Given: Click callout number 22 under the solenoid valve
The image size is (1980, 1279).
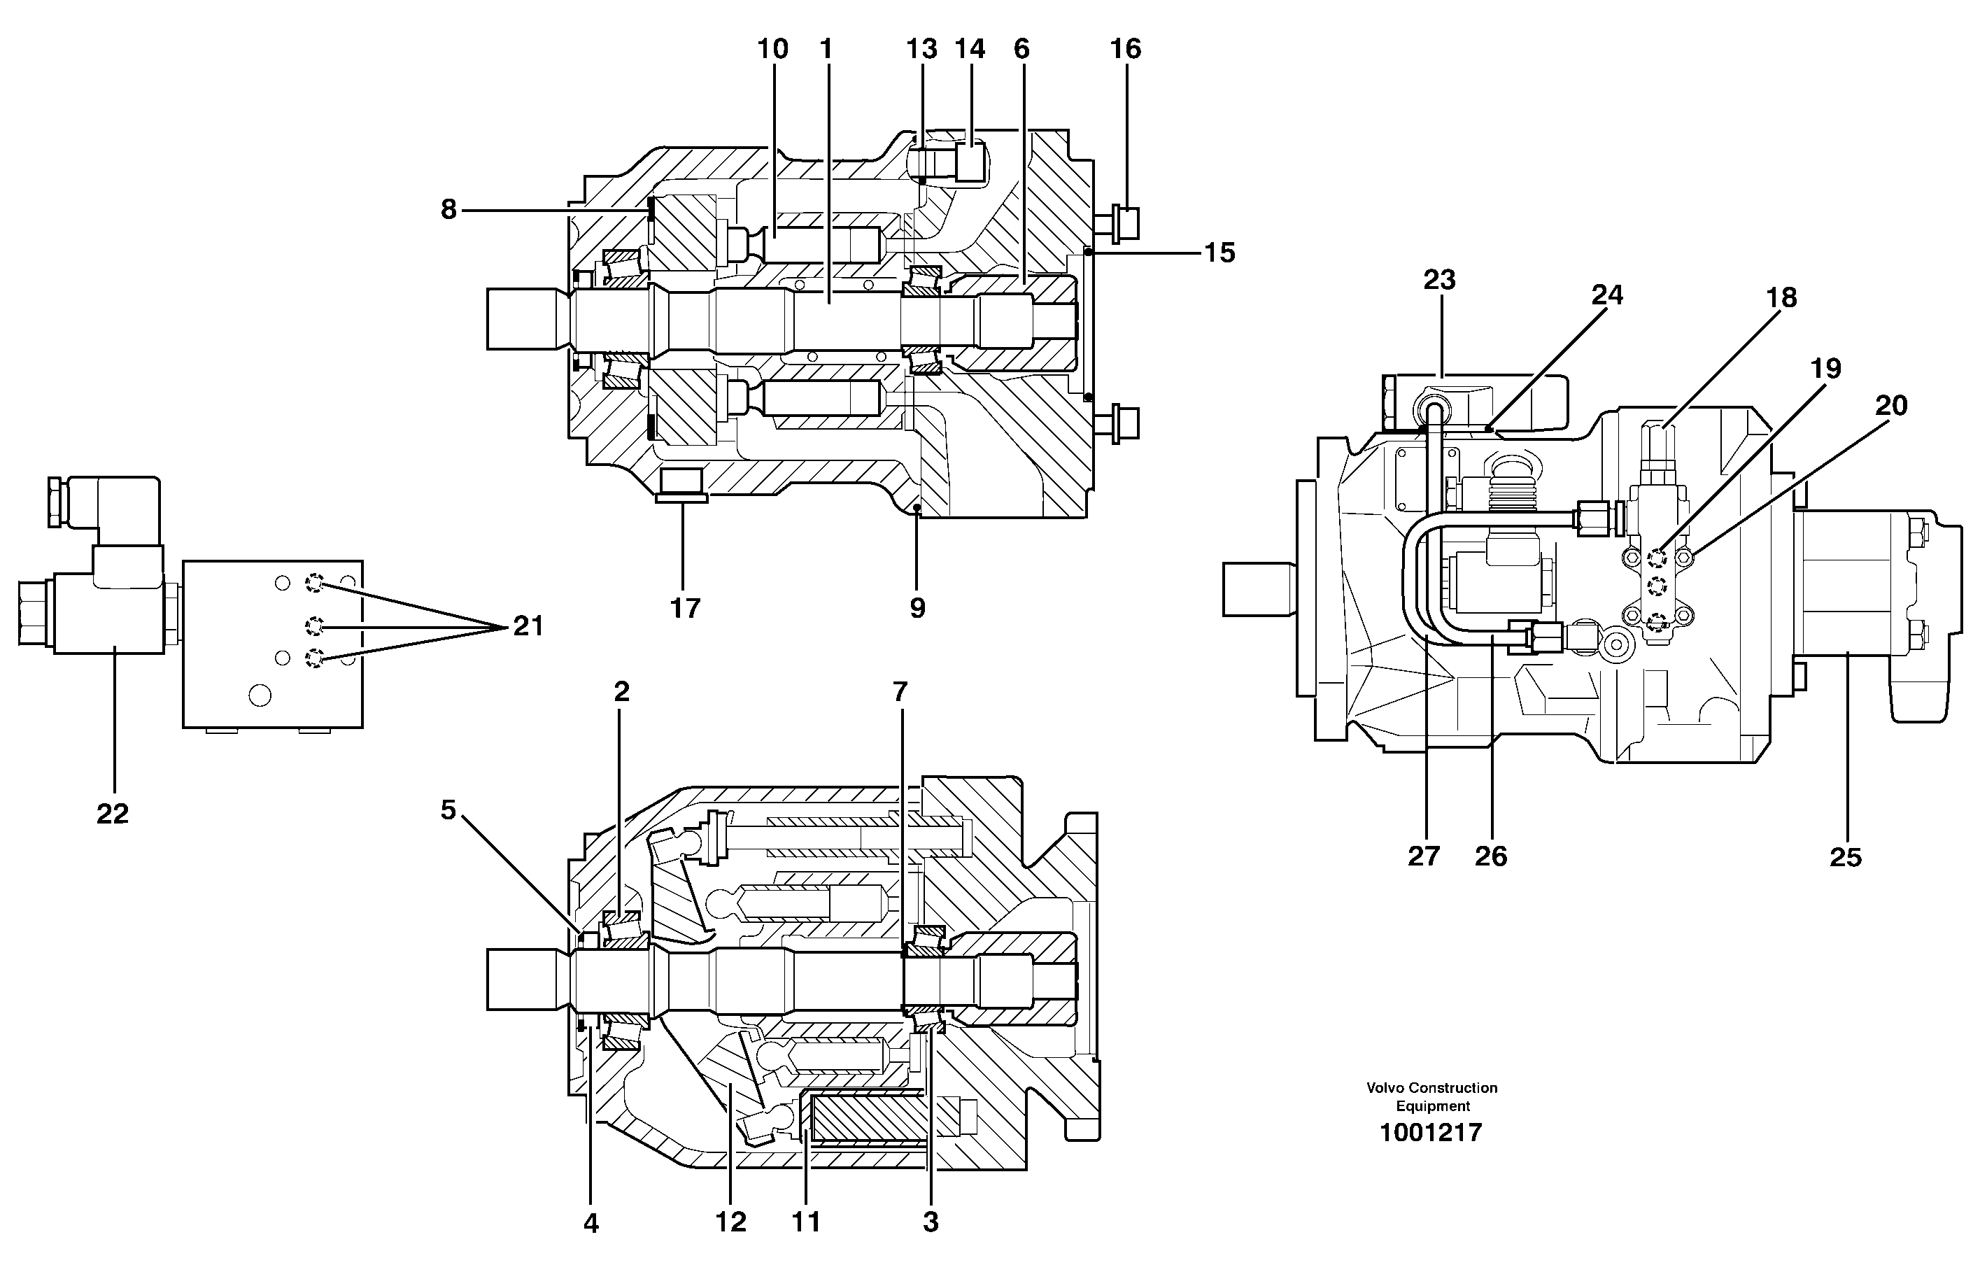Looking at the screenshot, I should point(112,814).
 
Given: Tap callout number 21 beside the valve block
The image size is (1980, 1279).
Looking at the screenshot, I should point(528,626).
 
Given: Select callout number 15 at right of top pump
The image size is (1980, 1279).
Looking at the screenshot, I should point(1219,253).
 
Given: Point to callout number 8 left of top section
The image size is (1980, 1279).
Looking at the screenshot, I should point(448,210).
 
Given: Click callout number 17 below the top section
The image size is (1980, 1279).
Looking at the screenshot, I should point(685,608).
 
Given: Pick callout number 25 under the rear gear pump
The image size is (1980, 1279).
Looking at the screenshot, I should point(1846,857).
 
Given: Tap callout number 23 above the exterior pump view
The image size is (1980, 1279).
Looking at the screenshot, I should point(1439,280).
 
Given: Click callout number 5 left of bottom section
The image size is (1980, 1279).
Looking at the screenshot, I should point(448,810).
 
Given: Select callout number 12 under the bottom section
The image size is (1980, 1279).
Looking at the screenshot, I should point(731,1222).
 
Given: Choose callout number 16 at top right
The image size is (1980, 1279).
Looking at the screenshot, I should point(1125,49).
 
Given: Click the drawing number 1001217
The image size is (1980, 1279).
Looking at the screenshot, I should point(1431,1133).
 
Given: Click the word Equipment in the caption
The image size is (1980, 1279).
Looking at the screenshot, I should point(1433,1106).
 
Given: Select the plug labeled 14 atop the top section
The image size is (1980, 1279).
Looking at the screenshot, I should point(968,161).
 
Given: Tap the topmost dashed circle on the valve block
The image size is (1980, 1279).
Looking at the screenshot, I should point(314,583).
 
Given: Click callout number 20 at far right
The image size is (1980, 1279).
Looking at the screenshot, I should point(1891,405).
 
